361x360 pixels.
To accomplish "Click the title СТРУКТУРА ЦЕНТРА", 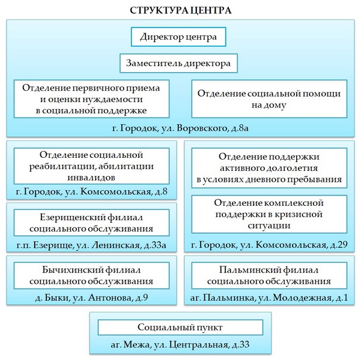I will (180, 11).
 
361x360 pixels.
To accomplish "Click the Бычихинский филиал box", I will (91, 275).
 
